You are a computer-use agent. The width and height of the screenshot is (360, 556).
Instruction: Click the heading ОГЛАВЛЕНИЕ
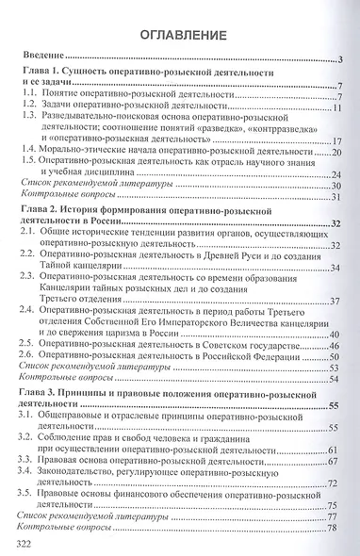click(x=180, y=37)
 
